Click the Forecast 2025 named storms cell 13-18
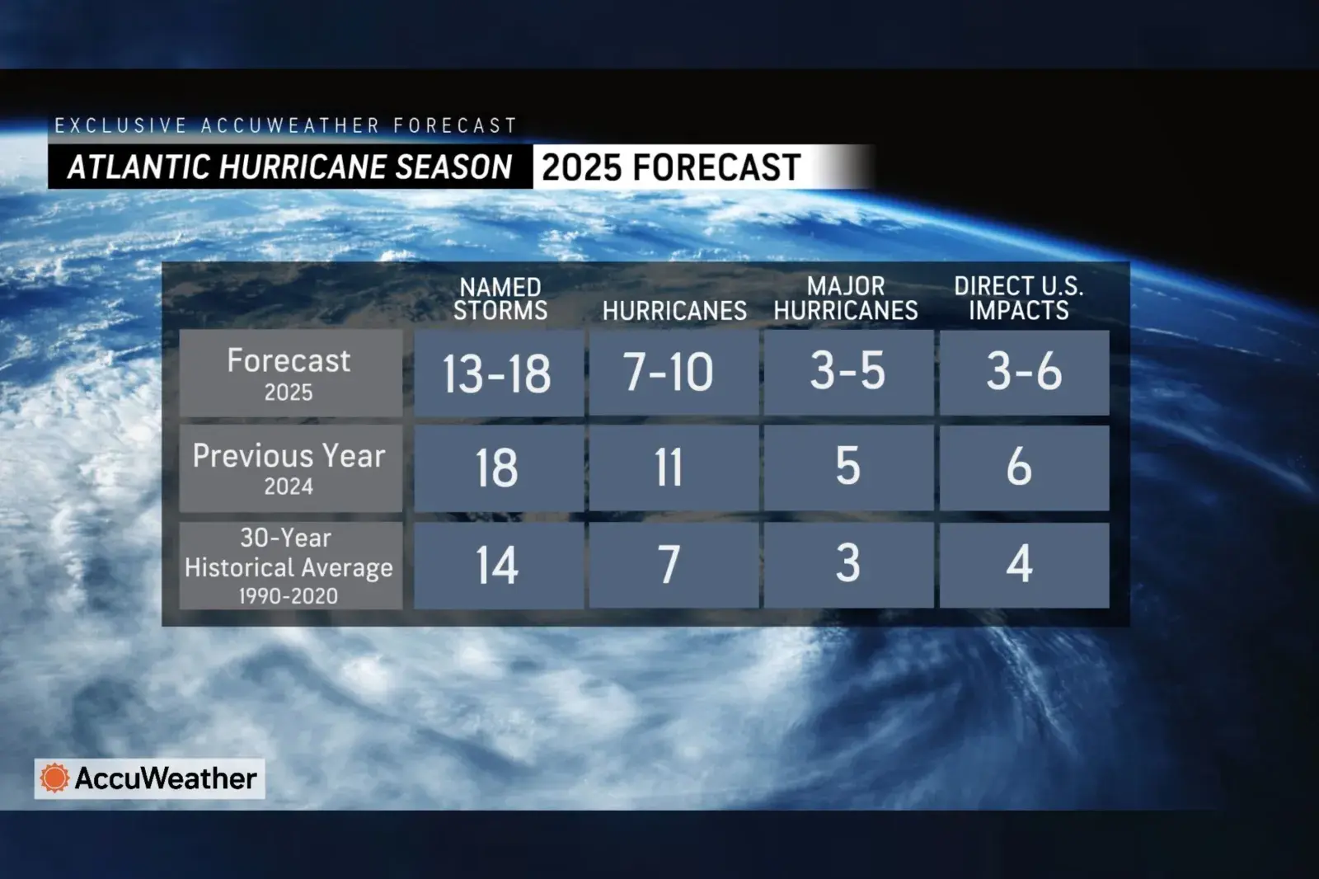coord(498,373)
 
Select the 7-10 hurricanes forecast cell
coord(674,373)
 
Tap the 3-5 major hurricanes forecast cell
coord(848,373)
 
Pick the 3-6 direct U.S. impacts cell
coord(1024,373)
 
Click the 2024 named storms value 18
coord(497,468)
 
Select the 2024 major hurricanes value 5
coord(848,467)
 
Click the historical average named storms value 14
coord(497,565)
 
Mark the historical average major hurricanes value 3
coord(848,564)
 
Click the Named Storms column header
coord(500,298)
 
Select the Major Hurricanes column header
coord(846,298)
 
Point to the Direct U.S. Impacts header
coord(1019,298)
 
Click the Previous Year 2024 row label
coord(289,468)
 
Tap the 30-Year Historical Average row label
coord(289,566)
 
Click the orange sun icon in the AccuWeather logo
coord(54,778)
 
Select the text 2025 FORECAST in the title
coord(671,167)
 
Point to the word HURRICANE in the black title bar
coord(302,167)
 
